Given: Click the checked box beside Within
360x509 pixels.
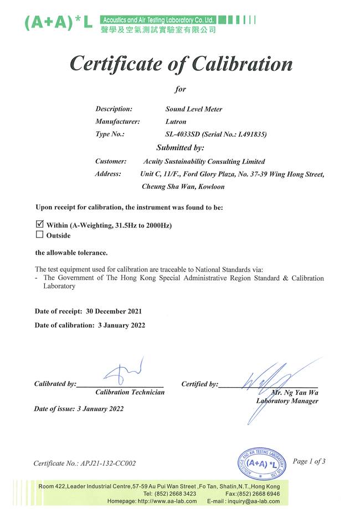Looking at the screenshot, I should click(39, 225).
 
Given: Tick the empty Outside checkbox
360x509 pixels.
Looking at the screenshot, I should click(39, 235).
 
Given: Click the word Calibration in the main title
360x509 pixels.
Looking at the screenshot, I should click(242, 64).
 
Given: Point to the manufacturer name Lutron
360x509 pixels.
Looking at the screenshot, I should click(176, 121).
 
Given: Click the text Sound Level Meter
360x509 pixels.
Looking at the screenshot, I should click(194, 109).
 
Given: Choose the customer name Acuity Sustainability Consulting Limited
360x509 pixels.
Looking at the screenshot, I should click(204, 162).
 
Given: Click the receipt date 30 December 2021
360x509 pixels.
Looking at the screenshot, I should click(109, 311).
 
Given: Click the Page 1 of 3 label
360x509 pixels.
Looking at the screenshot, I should click(309, 461).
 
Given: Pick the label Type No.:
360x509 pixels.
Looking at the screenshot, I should click(110, 134).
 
